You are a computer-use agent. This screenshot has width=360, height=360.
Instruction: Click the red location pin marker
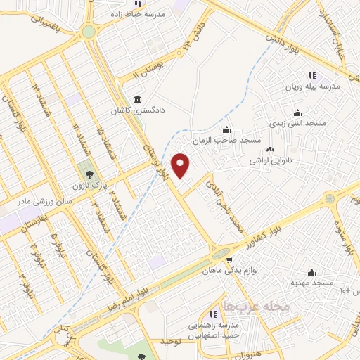181,165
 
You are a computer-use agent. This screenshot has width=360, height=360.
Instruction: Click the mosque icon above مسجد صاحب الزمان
226,129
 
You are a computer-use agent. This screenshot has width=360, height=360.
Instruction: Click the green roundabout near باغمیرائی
89,32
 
